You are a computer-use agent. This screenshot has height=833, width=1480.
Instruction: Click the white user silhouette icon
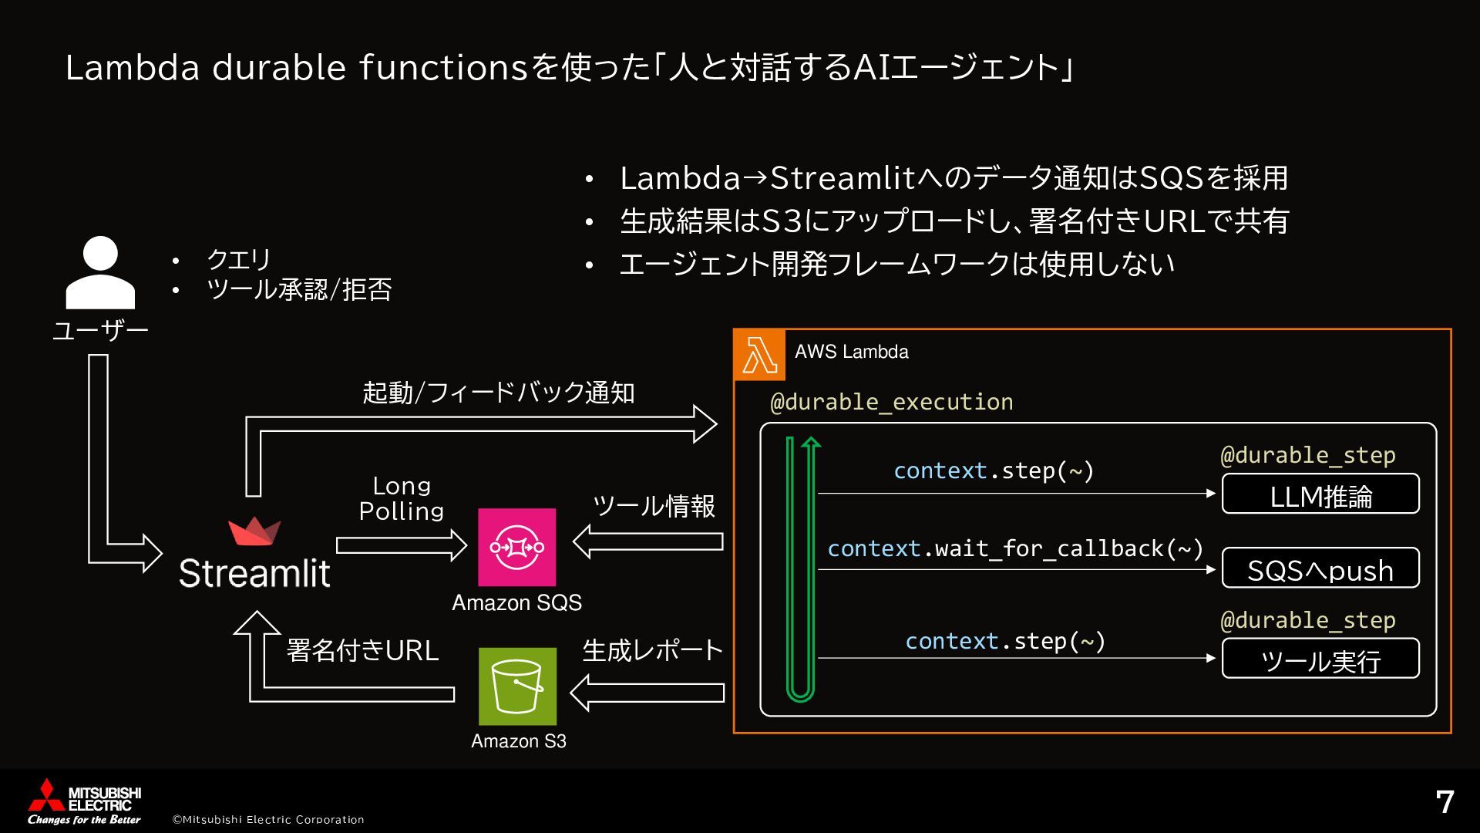click(x=100, y=273)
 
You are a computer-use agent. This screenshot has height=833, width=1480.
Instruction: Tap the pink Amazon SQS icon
click(x=516, y=547)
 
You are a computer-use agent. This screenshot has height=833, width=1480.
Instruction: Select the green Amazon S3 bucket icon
click(x=517, y=686)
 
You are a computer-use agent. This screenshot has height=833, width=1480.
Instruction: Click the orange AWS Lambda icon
click(x=759, y=356)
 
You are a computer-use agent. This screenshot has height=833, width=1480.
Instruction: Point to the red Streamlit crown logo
click(x=254, y=531)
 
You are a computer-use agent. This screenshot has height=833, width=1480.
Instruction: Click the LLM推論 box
click(x=1320, y=494)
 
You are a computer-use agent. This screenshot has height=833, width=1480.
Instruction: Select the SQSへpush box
click(x=1320, y=568)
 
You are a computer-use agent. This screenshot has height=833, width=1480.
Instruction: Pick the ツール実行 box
click(x=1320, y=659)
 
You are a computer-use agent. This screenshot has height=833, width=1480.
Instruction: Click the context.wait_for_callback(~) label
click(x=1014, y=548)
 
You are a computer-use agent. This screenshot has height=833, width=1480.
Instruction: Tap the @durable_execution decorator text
click(x=891, y=402)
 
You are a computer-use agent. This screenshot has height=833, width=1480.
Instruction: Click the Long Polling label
click(x=401, y=498)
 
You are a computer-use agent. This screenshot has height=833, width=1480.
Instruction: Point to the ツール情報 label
click(x=653, y=506)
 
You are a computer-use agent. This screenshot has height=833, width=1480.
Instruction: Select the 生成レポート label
click(x=652, y=651)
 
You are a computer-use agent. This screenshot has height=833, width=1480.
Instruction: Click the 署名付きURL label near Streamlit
click(x=362, y=651)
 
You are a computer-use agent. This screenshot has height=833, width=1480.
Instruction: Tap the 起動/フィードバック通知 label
click(x=498, y=393)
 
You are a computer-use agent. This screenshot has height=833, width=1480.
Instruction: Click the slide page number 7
click(x=1445, y=802)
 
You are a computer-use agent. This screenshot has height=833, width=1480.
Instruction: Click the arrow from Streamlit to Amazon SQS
click(x=401, y=546)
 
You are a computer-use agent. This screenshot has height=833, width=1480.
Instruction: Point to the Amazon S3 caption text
click(x=518, y=741)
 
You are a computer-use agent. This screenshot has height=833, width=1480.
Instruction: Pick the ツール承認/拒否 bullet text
click(x=299, y=290)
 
